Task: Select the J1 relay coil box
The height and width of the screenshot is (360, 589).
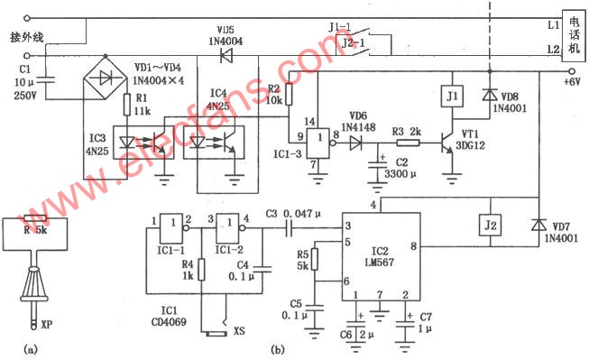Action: (452, 96)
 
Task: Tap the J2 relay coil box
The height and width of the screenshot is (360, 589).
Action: (490, 225)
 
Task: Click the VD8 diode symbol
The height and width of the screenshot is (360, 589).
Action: (488, 94)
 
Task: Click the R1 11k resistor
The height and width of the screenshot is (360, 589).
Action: (128, 106)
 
